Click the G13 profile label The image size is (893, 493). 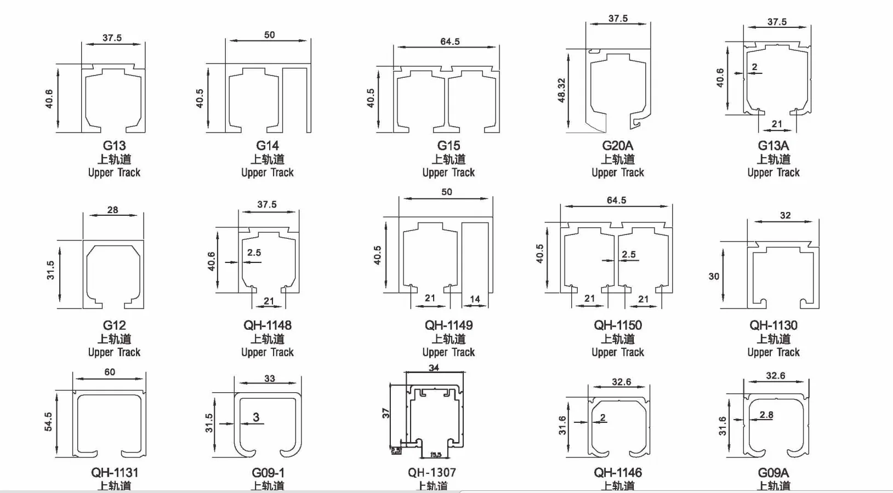click(114, 146)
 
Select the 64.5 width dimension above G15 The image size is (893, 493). click(450, 42)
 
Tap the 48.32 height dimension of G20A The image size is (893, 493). click(561, 90)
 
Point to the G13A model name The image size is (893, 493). click(773, 146)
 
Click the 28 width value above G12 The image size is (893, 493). click(112, 210)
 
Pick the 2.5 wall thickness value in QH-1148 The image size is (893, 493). click(254, 253)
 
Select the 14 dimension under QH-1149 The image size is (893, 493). click(475, 299)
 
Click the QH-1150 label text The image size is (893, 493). click(617, 325)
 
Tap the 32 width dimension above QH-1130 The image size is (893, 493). click(785, 215)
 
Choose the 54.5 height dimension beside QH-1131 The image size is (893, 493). click(48, 422)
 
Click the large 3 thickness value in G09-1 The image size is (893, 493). click(256, 417)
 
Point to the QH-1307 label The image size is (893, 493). click(431, 472)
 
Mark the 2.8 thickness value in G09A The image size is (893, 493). click(766, 415)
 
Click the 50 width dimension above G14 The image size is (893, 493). click(269, 35)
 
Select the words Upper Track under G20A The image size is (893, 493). click(617, 173)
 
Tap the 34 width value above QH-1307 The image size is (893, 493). click(434, 368)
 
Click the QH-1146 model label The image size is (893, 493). click(617, 472)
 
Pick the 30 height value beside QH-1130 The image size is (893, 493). click(714, 276)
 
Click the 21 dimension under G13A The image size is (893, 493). click(777, 124)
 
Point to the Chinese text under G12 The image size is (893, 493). click(114, 339)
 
